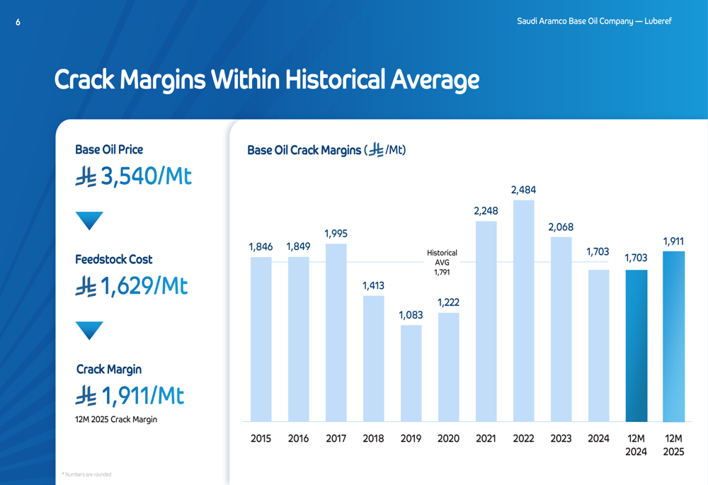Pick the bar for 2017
[336, 332]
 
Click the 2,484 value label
[523, 190]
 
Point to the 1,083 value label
[411, 315]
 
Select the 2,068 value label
[561, 227]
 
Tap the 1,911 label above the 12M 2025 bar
[673, 241]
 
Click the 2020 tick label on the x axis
[448, 438]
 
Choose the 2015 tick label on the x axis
[261, 438]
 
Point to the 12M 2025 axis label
[673, 445]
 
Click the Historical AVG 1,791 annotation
[442, 262]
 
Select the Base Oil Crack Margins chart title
[326, 150]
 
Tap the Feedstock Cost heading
[114, 260]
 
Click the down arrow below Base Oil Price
[89, 221]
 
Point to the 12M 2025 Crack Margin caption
[116, 419]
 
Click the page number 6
[18, 23]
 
